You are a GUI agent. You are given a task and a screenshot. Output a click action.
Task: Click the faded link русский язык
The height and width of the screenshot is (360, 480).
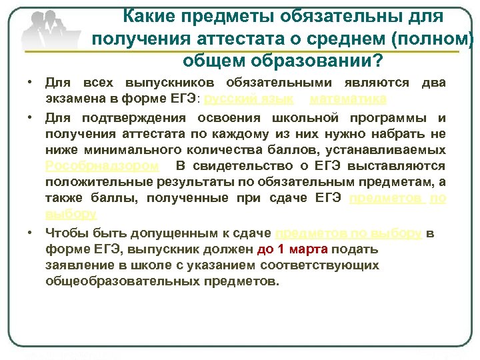247,99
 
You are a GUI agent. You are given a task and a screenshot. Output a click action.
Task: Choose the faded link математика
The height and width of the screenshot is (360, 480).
348,99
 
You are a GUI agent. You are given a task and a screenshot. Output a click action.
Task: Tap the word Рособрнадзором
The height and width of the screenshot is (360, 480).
102,165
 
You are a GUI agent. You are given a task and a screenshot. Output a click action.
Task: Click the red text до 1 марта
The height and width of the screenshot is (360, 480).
292,250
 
